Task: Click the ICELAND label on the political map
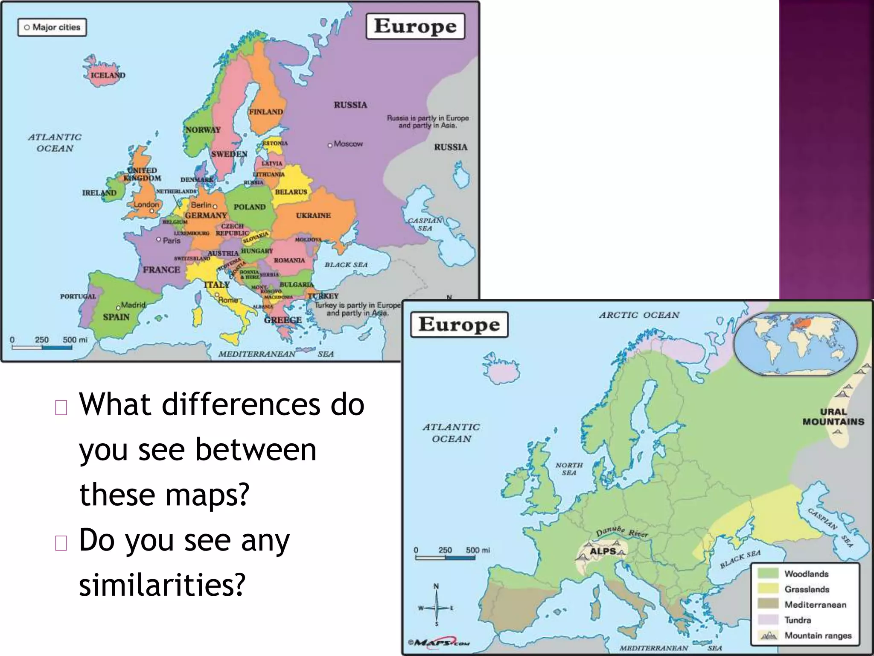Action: pos(108,75)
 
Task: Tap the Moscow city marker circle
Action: pos(330,145)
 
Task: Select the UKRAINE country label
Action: pos(313,216)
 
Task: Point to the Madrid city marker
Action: pos(118,308)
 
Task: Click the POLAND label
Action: pos(250,207)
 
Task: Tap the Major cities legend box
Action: pos(52,27)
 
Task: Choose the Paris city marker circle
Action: pos(159,240)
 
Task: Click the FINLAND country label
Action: pos(266,112)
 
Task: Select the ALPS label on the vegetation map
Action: pos(603,551)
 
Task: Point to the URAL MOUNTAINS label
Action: pos(833,417)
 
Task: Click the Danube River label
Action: pos(622,532)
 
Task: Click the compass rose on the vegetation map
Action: pos(436,607)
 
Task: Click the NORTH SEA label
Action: pos(569,469)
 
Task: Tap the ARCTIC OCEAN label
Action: pos(639,315)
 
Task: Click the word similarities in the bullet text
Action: pos(162,584)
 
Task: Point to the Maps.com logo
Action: pos(439,642)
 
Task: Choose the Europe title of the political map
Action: pos(415,26)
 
